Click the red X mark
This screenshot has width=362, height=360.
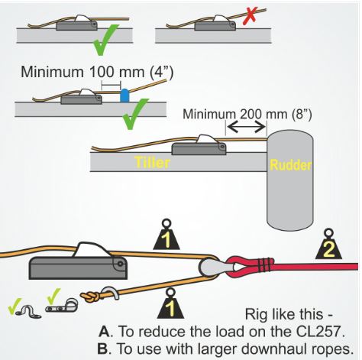click(x=250, y=17)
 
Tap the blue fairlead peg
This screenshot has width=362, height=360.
click(x=124, y=96)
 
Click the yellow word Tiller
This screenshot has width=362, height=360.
click(x=152, y=162)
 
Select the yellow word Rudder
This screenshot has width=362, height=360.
click(x=290, y=165)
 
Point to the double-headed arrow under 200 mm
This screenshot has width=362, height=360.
click(x=246, y=127)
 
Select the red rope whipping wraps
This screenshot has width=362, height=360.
click(x=266, y=265)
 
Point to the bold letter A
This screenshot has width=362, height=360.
click(x=105, y=331)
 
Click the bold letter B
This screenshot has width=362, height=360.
click(x=103, y=348)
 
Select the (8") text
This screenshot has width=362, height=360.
click(x=301, y=114)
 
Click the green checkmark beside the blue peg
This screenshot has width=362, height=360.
click(x=134, y=113)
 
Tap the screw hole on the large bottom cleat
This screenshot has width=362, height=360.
click(x=119, y=264)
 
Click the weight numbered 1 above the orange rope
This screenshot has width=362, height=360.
click(x=166, y=235)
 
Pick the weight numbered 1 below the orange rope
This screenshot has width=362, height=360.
click(x=170, y=303)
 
